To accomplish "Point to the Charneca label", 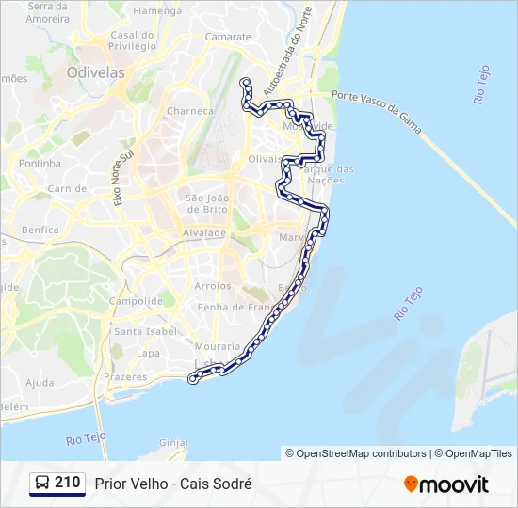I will pos(190,111).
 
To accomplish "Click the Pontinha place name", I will pos(40,163).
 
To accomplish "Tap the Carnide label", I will pos(67,188).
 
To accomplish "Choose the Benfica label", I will pos(40,230).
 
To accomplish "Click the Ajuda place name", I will pos(40,383).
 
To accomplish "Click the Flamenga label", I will pos(157,10).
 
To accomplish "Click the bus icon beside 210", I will pos(42,484).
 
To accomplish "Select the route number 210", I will pos(68,483).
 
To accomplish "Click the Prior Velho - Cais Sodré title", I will pos(173,484).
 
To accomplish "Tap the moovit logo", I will pos(446,484).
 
